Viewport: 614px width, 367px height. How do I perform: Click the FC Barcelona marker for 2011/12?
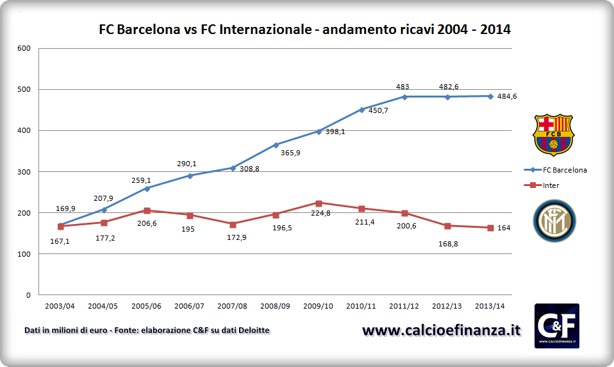404,97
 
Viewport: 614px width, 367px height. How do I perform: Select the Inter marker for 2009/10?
319,203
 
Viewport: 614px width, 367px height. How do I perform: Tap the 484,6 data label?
507,96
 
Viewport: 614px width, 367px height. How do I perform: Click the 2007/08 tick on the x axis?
233,307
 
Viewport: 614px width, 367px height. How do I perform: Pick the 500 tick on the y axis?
24,89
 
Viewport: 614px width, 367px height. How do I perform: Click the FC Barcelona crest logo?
554,135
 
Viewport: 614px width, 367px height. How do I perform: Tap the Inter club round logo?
554,221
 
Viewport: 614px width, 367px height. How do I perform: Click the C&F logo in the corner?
556,325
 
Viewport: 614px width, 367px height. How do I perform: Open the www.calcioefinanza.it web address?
441,330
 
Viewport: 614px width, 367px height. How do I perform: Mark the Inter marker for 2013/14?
490,228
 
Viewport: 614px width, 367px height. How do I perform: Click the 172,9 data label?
233,237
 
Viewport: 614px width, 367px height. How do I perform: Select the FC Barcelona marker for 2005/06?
147,189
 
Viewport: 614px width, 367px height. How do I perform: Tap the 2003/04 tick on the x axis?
60,307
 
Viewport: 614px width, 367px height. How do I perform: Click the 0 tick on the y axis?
28,295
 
